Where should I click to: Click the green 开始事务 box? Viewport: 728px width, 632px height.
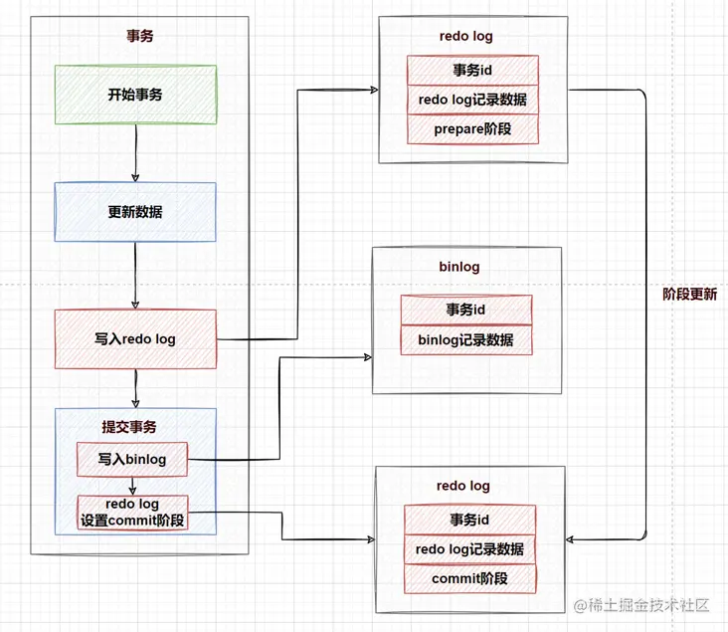[135, 95]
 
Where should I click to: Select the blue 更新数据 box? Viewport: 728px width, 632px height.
[135, 211]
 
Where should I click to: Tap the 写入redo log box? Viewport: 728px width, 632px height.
[135, 338]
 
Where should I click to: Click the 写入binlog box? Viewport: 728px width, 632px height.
[132, 459]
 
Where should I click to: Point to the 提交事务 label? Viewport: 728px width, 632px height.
[129, 426]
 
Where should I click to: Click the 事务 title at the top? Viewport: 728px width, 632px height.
[139, 36]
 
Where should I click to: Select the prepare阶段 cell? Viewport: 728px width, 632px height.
[472, 129]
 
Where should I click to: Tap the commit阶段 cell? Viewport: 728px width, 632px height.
[469, 578]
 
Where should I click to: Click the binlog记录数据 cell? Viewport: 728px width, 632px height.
[465, 339]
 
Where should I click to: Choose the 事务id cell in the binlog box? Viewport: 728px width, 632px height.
[465, 310]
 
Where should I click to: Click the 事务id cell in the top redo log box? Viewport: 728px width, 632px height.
[472, 70]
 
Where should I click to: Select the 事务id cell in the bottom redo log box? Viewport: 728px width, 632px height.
[469, 520]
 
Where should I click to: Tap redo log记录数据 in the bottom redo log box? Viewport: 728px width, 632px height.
[469, 548]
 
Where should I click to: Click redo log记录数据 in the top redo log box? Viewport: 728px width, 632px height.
[472, 100]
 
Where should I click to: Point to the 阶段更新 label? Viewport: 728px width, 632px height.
[689, 295]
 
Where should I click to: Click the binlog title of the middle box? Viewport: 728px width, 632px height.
[458, 267]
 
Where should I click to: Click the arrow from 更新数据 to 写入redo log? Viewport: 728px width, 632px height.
[134, 275]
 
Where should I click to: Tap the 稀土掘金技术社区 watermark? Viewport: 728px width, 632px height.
[646, 603]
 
